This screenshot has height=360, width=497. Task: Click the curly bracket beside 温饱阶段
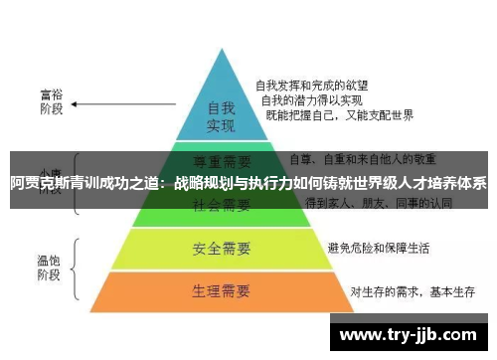(x=78, y=266)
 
